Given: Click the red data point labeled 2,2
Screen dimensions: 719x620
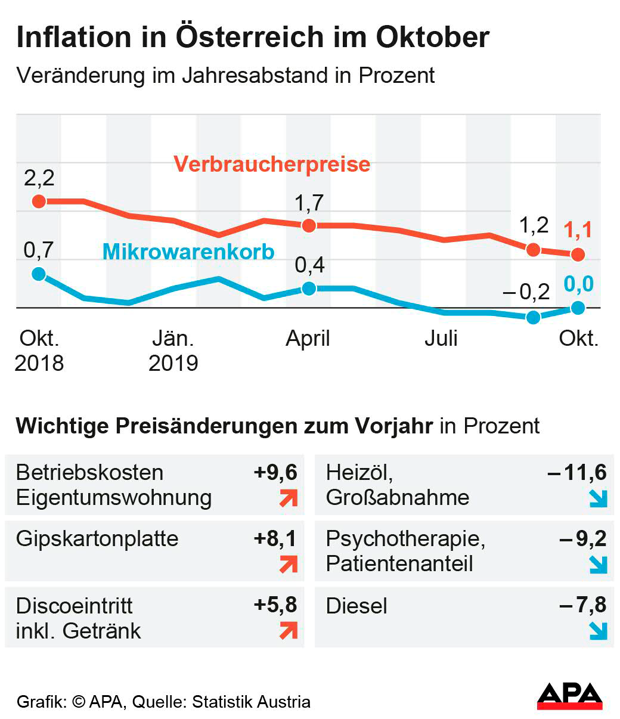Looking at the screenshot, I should pos(39,201).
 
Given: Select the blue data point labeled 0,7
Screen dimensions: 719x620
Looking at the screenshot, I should pos(39,274).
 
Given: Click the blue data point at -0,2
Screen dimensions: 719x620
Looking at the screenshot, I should pos(533,317).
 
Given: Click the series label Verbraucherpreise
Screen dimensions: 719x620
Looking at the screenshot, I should pos(272,164).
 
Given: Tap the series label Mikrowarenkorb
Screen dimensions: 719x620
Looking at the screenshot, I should pos(188,252).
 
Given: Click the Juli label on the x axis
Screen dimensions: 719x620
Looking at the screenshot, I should pos(441,339).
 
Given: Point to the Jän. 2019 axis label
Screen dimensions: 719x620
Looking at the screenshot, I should pos(173,351).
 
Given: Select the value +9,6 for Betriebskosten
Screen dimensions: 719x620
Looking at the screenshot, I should pos(275,472).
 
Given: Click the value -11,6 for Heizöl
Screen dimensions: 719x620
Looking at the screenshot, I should pos(577,472).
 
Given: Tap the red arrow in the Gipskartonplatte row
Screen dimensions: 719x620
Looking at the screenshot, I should pos(289,563).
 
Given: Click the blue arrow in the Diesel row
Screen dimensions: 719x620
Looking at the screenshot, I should pos(597,630).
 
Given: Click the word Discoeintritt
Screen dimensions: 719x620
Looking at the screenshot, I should pos(75,606).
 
